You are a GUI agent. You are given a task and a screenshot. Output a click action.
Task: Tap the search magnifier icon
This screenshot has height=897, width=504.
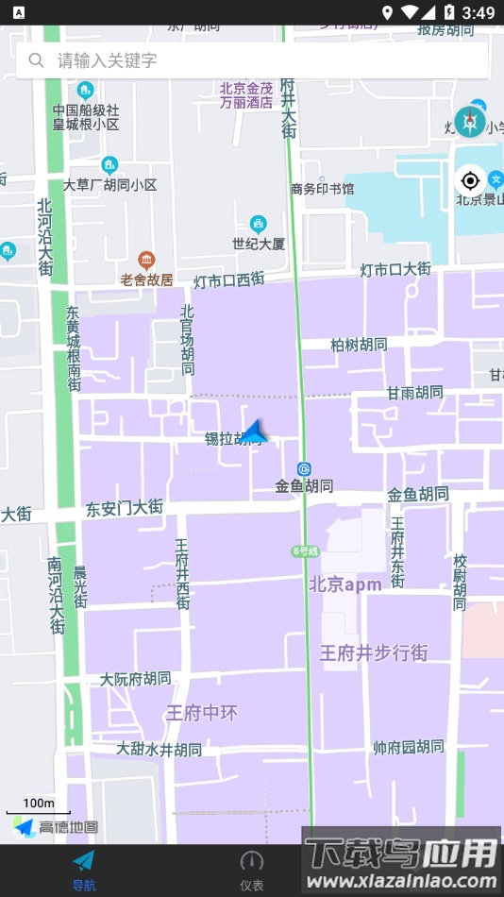[37, 60]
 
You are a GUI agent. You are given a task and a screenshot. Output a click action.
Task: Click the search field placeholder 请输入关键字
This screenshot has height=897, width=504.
[107, 60]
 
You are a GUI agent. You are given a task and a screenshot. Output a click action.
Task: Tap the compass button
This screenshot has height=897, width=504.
[470, 121]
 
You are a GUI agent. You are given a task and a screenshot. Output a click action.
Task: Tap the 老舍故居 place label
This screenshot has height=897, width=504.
[146, 279]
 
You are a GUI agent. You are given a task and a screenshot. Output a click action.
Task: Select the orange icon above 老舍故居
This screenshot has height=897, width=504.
[146, 260]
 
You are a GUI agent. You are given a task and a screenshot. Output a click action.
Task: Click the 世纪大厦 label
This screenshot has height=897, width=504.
[259, 244]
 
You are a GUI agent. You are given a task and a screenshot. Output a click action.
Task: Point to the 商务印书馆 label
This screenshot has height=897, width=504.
[323, 189]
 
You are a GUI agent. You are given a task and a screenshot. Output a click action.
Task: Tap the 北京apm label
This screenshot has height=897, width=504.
[344, 584]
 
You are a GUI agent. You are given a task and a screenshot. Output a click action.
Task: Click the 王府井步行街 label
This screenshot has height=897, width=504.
[374, 652]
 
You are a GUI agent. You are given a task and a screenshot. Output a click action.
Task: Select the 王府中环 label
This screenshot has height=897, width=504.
[201, 713]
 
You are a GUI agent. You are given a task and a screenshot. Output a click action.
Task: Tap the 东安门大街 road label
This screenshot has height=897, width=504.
[125, 508]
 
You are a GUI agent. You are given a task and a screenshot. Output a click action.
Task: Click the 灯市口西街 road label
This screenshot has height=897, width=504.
[229, 280]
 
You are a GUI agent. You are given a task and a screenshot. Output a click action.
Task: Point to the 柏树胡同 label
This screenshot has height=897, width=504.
[359, 345]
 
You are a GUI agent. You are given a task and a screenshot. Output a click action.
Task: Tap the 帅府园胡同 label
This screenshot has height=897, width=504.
[408, 747]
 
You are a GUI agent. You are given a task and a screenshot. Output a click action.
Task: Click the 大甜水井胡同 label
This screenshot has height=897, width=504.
[159, 750]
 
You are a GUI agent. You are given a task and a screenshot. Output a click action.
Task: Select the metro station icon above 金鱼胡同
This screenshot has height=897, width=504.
[304, 468]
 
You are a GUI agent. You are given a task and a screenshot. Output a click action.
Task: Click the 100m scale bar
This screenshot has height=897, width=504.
[38, 807]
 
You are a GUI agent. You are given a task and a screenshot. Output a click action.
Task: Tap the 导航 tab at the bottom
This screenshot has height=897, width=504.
[84, 870]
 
